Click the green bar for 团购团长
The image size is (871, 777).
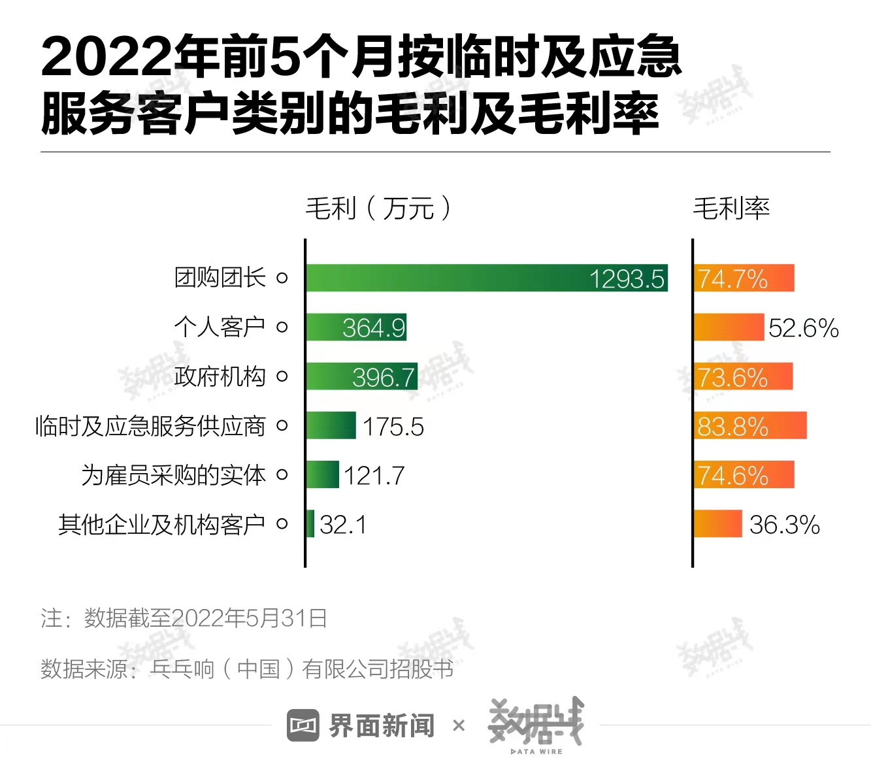coord(486,278)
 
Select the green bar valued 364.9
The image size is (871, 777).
coord(356,327)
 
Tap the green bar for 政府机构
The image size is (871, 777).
coord(361,376)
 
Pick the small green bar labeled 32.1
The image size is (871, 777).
coord(310,523)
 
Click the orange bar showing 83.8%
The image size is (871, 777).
coord(750,425)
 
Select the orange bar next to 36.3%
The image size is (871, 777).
coord(717,523)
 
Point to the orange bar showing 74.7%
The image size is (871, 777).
coord(744,278)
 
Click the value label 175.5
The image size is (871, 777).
coord(393,427)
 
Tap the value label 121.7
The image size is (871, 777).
coord(374,476)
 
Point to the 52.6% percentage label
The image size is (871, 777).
coord(803,328)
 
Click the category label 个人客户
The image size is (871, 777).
coord(220,327)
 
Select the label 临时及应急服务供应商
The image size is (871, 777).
coord(150,426)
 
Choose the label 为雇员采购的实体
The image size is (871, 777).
coord(173,475)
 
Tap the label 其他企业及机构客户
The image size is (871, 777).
coord(161,524)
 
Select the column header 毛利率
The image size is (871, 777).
coord(731,208)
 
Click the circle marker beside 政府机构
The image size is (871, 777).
coord(282,376)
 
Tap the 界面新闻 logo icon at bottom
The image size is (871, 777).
coord(303,725)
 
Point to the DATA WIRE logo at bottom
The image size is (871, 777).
coord(536,725)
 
